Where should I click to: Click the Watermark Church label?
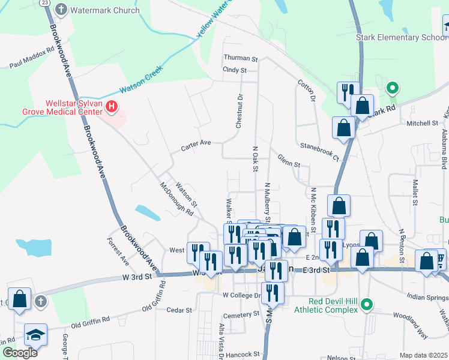[104, 10]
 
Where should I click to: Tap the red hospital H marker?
[111, 107]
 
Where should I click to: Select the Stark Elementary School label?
[402, 37]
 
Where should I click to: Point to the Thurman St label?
[240, 59]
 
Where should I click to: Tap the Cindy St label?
[235, 70]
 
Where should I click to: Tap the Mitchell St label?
[422, 124]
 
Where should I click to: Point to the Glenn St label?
[288, 158]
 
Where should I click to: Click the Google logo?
[20, 352]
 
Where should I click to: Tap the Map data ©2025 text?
[423, 355]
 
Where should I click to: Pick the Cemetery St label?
[240, 315]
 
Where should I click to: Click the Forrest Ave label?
[118, 252]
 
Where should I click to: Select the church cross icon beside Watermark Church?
[61, 10]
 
